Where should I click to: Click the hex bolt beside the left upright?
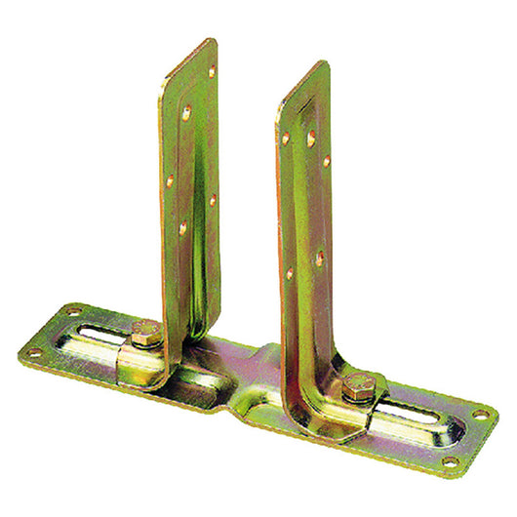pyautogui.click(x=146, y=334)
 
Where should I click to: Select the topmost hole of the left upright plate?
pyautogui.click(x=212, y=71)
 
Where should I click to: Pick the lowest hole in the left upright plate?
pyautogui.click(x=182, y=227)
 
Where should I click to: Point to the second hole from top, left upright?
pyautogui.click(x=186, y=113)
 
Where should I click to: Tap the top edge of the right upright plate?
pyautogui.click(x=302, y=74)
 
